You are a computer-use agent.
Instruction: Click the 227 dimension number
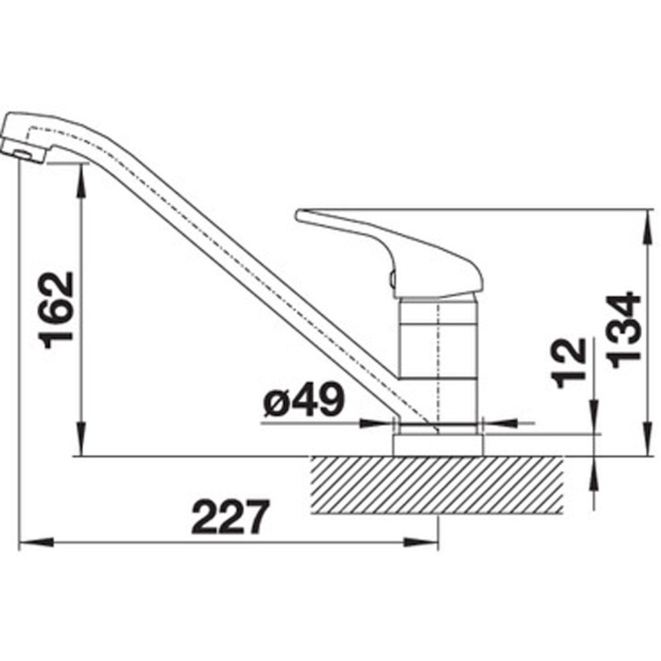click(230, 517)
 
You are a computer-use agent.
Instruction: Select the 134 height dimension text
click(623, 329)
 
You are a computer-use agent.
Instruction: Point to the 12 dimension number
click(570, 363)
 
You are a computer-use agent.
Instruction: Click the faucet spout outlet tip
click(23, 153)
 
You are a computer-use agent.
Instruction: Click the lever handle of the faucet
click(389, 254)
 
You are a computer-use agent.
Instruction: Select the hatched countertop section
click(437, 485)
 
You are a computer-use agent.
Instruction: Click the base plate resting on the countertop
click(438, 445)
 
